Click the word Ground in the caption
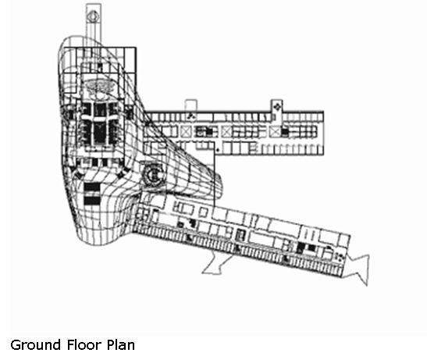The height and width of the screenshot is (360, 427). coord(35,345)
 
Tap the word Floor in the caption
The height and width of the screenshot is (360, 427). coord(84,344)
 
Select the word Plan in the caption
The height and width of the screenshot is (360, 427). coord(121,344)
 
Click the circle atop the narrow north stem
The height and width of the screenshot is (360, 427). coord(94,16)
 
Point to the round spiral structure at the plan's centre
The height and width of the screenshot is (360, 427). coord(154,175)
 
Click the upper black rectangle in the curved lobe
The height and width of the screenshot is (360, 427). coord(92,187)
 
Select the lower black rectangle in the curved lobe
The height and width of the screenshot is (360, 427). coord(92,201)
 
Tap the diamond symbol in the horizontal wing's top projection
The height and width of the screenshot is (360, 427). coord(277,106)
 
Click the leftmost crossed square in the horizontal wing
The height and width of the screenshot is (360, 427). coord(186,132)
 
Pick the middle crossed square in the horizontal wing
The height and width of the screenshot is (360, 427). coord(226,132)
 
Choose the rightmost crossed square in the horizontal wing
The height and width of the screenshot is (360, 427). coord(275,132)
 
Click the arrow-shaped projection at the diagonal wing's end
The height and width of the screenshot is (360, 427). coord(358,269)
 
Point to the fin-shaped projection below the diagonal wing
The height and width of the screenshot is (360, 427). coord(215,264)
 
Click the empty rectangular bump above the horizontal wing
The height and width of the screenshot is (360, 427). coord(190,105)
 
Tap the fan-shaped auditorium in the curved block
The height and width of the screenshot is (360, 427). coord(99,85)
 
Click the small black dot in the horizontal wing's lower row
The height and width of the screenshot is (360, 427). coord(218,150)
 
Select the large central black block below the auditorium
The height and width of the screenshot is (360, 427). coord(100,133)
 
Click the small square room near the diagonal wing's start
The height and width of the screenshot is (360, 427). coord(204,212)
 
